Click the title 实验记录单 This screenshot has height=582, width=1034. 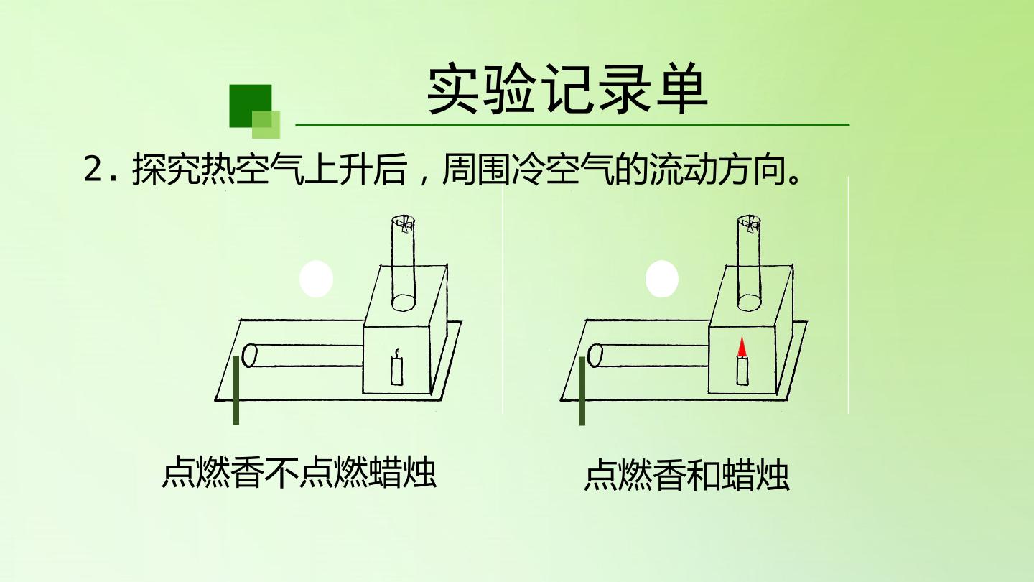tap(567, 90)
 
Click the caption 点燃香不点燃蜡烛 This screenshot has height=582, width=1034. tap(299, 472)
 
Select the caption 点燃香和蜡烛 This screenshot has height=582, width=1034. tap(687, 474)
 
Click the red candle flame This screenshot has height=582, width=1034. tap(741, 347)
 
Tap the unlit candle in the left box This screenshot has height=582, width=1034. tap(396, 367)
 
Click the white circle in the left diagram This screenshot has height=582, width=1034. tap(316, 279)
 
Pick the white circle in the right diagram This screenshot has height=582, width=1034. tap(662, 279)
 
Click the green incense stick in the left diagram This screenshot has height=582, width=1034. tap(236, 390)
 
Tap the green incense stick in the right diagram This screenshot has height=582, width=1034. tap(582, 391)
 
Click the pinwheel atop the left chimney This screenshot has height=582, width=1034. tap(404, 224)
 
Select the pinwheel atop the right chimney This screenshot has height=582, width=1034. tap(749, 224)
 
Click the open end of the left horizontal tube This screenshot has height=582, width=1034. tap(249, 356)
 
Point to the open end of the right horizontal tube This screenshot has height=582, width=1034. tap(595, 356)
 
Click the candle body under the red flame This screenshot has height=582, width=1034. tap(742, 371)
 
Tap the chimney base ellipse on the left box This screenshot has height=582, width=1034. tap(404, 302)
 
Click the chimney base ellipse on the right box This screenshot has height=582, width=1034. tap(749, 302)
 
